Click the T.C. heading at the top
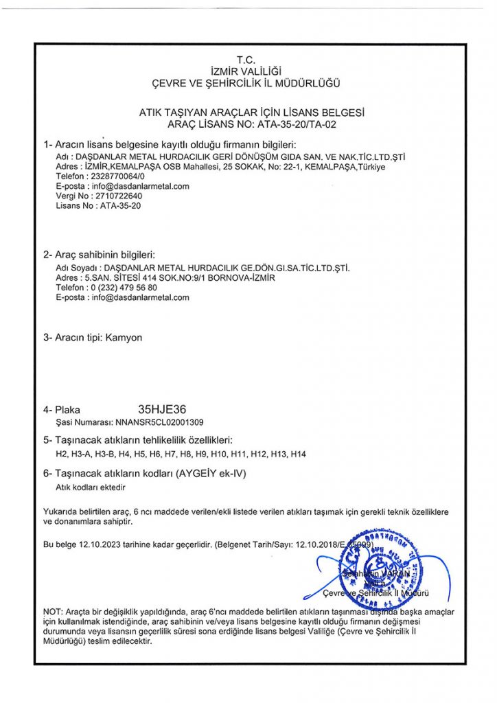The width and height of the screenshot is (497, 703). pos(246,60)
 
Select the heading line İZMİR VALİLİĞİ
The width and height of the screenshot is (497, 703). pos(246,71)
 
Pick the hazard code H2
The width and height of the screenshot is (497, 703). pos(60,454)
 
